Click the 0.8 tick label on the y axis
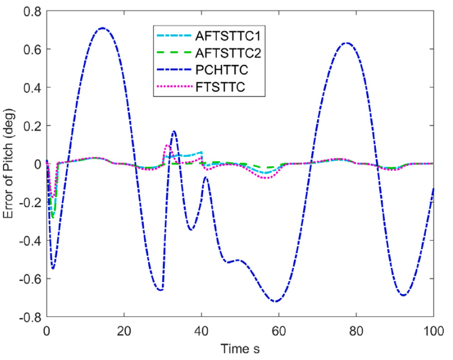pos(31,11)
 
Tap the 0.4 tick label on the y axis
pos(31,87)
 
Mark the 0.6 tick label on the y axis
pos(31,49)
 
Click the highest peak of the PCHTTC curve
pos(102,28)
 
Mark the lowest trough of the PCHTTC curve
pos(275,302)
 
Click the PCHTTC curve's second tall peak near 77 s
pos(346,43)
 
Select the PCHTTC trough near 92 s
pos(404,295)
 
